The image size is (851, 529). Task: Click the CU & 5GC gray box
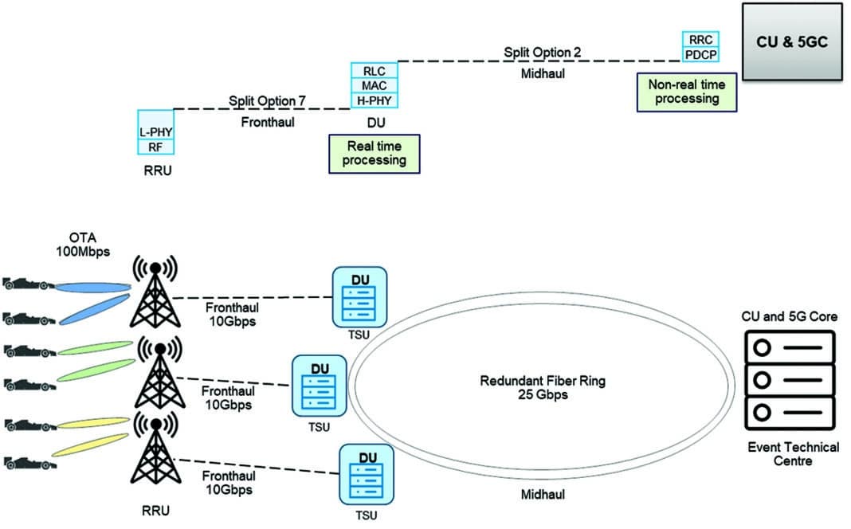point(791,41)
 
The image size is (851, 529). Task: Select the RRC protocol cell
point(700,39)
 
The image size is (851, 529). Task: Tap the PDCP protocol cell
point(700,54)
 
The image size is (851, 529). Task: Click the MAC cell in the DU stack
point(374,85)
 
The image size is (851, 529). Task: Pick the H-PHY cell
point(374,100)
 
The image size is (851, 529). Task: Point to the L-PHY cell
point(155,131)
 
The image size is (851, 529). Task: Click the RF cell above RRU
point(155,147)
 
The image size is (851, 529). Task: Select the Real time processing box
point(374,153)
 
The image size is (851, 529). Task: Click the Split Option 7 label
point(267,101)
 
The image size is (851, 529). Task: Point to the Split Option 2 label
point(542,53)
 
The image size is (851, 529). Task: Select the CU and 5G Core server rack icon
point(787,381)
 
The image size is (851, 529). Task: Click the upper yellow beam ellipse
point(91,423)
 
